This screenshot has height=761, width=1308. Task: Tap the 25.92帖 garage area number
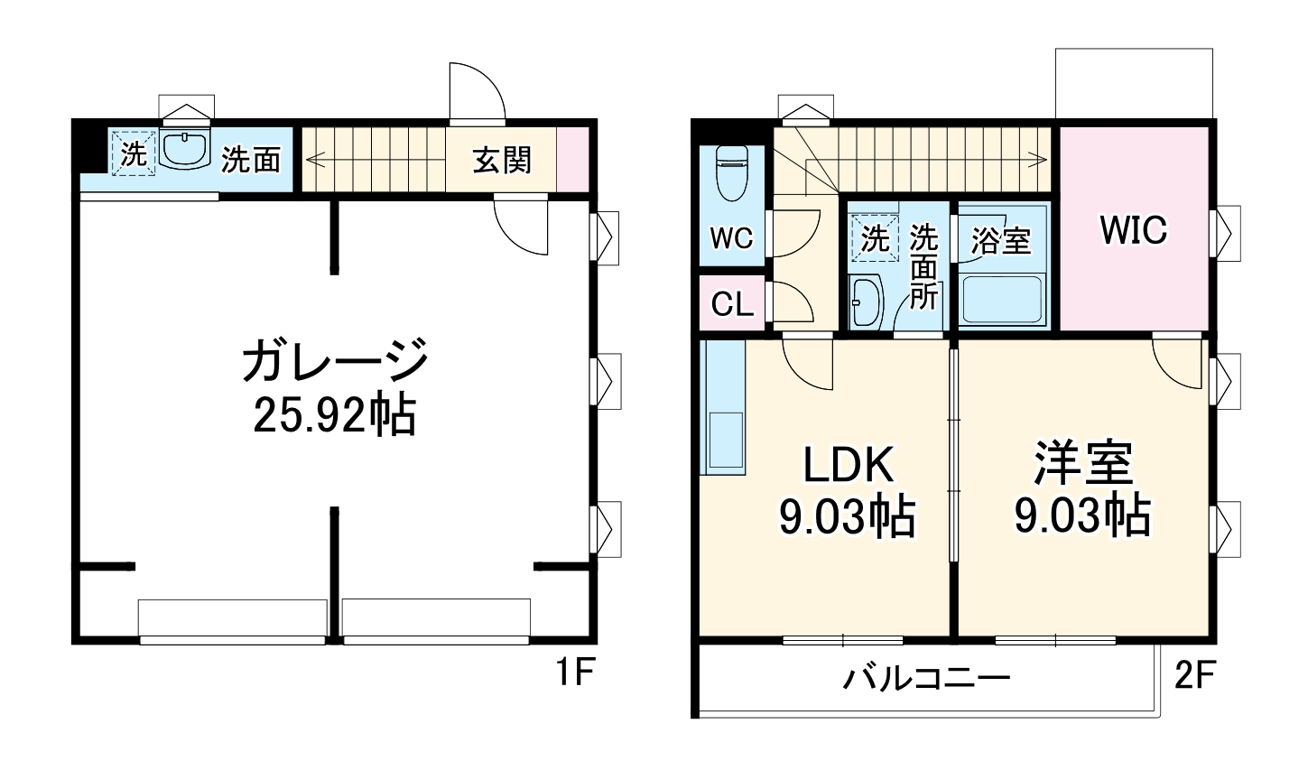334,415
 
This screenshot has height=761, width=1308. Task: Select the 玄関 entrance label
502,160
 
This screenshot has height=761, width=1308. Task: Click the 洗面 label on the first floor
251,160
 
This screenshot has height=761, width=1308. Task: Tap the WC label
730,238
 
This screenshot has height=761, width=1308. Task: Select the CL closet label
731,305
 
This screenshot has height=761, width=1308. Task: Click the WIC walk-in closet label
1133,230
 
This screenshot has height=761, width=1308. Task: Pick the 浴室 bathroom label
1001,240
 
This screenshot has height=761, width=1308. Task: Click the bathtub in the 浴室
1002,300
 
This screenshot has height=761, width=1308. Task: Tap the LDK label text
849,466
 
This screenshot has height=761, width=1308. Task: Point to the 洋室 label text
1082,464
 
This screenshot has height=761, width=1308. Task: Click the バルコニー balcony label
926,677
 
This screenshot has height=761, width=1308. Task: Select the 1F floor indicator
573,673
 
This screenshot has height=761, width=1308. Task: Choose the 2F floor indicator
1196,675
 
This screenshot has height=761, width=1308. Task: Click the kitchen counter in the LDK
723,408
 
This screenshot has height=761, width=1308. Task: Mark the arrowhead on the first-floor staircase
313,160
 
